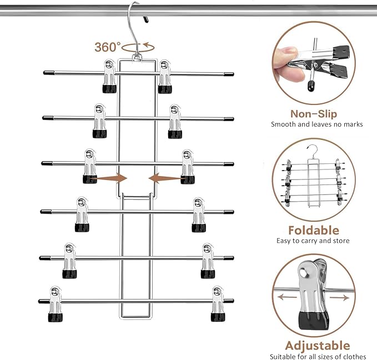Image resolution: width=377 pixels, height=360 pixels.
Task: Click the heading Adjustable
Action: pyautogui.click(x=317, y=346)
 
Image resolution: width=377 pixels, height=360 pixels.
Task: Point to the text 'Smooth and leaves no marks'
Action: pyautogui.click(x=316, y=124)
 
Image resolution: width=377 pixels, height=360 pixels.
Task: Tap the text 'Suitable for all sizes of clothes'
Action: pyautogui.click(x=318, y=356)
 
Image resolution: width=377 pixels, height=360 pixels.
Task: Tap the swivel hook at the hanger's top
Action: pyautogui.click(x=134, y=28)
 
